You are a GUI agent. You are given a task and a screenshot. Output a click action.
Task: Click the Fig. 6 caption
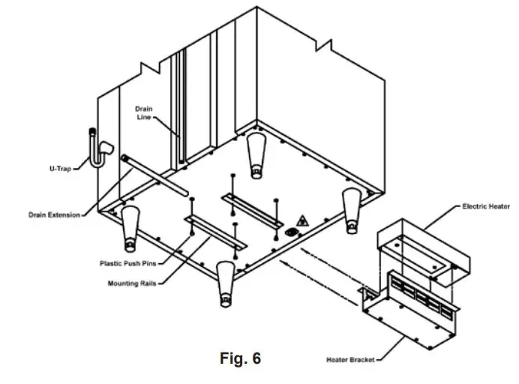(x=240, y=358)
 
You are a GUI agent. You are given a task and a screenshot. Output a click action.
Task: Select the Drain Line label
(x=144, y=112)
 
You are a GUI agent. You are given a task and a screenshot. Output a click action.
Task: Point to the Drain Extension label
(x=53, y=214)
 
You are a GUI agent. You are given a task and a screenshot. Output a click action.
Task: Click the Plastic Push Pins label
(x=127, y=263)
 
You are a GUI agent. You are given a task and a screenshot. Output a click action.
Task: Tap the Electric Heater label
(x=487, y=205)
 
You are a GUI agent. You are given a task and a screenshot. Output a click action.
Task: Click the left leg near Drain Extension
(x=130, y=226)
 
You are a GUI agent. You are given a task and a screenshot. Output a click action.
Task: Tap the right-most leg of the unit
(x=352, y=205)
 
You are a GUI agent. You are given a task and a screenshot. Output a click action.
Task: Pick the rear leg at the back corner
(x=255, y=154)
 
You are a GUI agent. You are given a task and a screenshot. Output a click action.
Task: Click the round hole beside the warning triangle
(x=287, y=232)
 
